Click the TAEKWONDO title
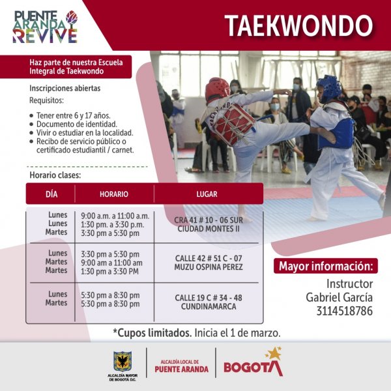[x=298, y=26]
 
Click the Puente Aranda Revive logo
[x=45, y=27]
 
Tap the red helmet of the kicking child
[x=217, y=89]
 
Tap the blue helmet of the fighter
[x=328, y=88]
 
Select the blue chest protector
[x=337, y=134]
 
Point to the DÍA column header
[x=51, y=194]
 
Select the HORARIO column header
[x=114, y=194]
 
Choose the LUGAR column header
[x=207, y=194]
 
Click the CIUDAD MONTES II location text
[x=209, y=229]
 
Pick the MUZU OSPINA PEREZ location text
[x=209, y=267]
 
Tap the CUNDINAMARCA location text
[x=209, y=306]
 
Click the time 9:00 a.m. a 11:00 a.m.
[x=115, y=216]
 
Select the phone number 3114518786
[x=345, y=311]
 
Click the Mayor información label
[x=326, y=266]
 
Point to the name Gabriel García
[x=339, y=297]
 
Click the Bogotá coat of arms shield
[x=123, y=361]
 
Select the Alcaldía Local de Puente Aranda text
[x=182, y=366]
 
